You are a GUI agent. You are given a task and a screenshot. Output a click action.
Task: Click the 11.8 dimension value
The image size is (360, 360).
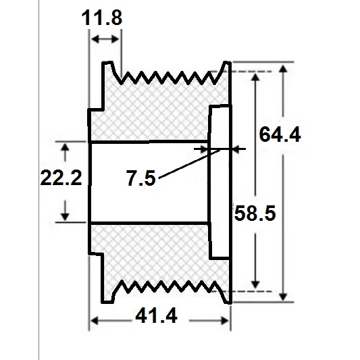point(102,18)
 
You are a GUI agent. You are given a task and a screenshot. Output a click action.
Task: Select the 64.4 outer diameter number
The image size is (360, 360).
point(280,134)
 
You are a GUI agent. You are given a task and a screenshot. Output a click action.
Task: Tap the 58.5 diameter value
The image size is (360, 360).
point(255,213)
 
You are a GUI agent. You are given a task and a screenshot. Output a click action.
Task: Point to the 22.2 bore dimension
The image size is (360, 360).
point(61,178)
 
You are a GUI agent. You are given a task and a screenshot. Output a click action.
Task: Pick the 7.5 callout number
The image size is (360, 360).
point(140,178)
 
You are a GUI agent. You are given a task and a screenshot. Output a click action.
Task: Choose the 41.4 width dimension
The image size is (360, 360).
point(156,316)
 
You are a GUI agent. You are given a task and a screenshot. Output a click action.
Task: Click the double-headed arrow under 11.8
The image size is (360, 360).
point(105,39)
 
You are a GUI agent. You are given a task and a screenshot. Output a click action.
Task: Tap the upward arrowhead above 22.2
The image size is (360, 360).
point(66,147)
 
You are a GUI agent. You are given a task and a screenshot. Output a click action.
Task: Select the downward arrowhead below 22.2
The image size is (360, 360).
point(66,217)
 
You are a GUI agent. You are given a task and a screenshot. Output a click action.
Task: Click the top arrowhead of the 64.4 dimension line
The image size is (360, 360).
point(283,69)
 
